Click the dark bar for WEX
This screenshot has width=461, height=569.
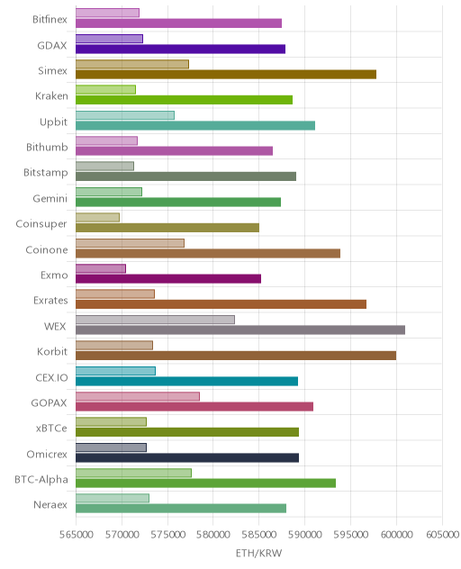coord(240,330)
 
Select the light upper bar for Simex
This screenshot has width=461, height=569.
coord(132,64)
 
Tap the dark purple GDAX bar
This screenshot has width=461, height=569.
coord(180,49)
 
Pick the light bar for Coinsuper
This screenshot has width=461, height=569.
coord(97,217)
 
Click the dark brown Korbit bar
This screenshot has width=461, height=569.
coord(236,356)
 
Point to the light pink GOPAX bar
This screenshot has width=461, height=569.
coord(138,396)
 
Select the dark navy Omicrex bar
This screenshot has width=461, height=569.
coord(187,457)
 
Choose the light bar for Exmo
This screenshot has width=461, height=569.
coord(101,268)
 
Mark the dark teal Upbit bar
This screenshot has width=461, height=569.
coord(195,125)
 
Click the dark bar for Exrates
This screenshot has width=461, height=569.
coord(221,304)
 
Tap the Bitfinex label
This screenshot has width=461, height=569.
coord(50,19)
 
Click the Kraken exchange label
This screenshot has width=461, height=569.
coord(51,95)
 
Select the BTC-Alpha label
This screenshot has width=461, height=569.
coord(41,479)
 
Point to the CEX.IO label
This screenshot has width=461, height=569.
coord(51,378)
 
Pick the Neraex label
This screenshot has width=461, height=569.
coord(50,505)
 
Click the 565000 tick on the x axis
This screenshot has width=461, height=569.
coord(77,535)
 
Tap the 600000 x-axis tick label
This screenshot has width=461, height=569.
coord(396,535)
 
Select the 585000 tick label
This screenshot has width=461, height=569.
coord(259,535)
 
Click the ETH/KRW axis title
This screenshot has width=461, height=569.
coord(258,553)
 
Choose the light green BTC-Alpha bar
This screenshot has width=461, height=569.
coord(133,473)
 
